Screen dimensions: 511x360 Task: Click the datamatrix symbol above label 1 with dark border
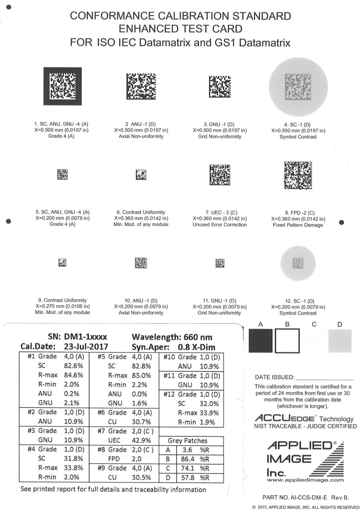click(63, 86)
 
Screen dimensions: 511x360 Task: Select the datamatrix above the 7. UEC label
click(220, 174)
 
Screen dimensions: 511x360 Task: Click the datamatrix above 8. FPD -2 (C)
click(297, 175)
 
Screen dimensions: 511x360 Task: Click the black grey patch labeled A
click(261, 341)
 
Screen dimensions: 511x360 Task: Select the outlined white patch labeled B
click(287, 341)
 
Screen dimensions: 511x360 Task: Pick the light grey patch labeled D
click(340, 341)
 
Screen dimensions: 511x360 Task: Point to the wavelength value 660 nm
click(196, 336)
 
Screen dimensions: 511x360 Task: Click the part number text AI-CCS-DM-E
click(306, 497)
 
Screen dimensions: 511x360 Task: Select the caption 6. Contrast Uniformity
click(141, 212)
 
